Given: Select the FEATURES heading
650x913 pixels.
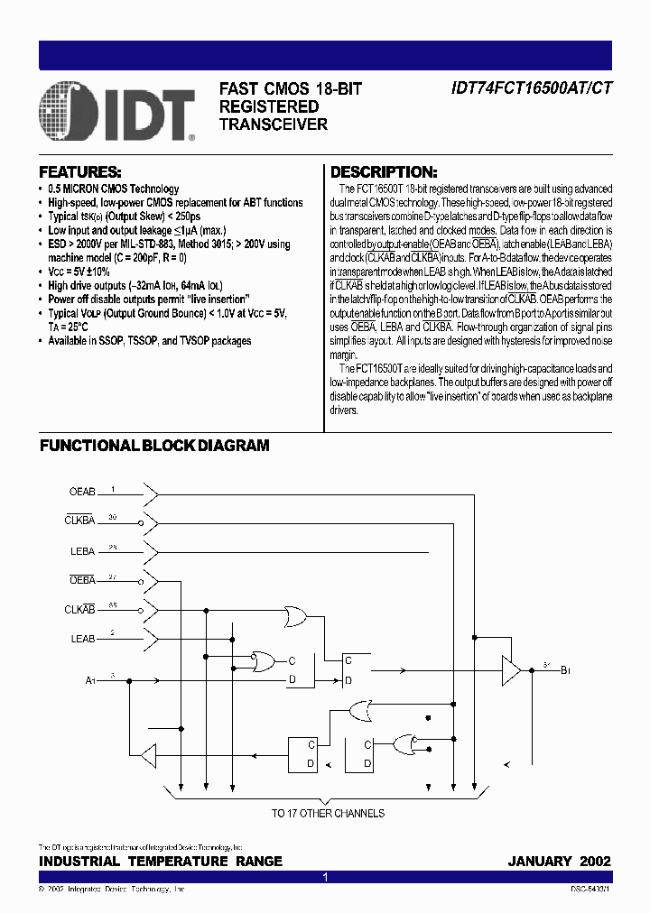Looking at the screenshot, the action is pos(80,171).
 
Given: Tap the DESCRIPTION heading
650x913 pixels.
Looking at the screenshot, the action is pos(384,171).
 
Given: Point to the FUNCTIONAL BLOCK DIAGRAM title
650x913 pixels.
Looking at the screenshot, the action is pos(154,445).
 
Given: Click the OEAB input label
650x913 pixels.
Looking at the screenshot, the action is pos(82,493).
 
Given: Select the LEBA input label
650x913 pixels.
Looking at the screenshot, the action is pos(82,550).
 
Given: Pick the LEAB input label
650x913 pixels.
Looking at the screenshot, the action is pos(82,639).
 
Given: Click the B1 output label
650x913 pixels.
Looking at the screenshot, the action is pos(566,670).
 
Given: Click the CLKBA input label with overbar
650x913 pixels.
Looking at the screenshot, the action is pos(79,521).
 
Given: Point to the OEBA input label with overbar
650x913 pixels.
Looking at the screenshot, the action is pos(82,580).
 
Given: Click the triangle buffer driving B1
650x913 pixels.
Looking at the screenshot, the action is pos(512,670).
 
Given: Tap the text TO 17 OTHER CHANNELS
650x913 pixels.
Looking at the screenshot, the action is pos(329,813).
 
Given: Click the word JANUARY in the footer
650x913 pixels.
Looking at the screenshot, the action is pos(540,862).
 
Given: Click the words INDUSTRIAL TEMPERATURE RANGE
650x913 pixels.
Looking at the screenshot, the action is pos(161,862).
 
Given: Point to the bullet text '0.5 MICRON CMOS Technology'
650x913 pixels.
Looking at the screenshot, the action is pos(107,189).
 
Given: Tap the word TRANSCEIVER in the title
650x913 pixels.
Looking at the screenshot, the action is pos(274,124).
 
